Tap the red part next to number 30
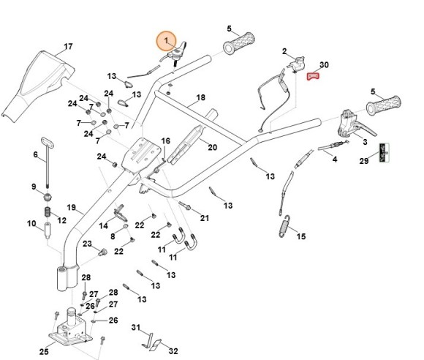coord(313,76)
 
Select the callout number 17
coord(68,47)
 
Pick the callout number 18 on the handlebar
coord(201,97)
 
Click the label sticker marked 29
coord(382,151)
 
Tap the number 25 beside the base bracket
coord(43,352)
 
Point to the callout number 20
coord(213,147)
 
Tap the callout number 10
coord(31,224)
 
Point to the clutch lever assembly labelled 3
coord(350,123)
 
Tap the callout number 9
coord(34,187)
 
